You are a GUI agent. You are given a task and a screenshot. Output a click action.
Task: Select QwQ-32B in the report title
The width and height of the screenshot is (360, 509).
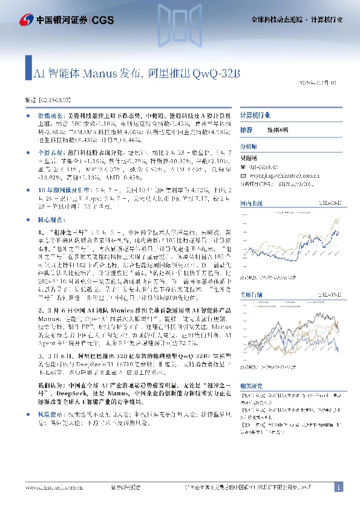tap(217, 74)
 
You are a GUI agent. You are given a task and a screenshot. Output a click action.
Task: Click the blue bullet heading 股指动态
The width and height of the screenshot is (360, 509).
tap(50, 114)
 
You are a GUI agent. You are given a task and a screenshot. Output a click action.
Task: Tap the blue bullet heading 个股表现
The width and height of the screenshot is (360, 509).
tap(50, 154)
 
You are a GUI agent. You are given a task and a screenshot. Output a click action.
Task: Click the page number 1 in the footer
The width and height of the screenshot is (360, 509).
tap(338, 487)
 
